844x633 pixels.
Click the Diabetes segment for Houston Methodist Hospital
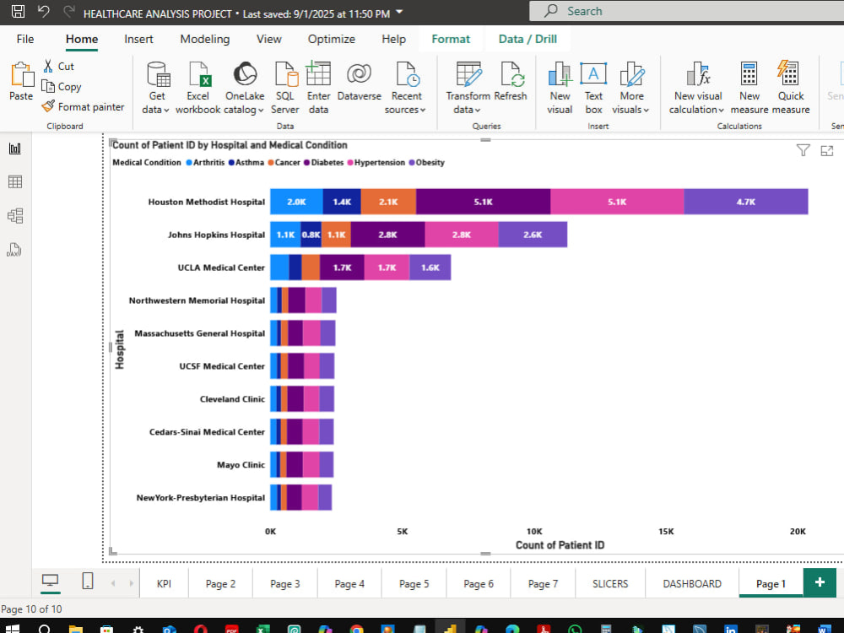pos(483,202)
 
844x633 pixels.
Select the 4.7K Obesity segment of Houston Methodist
pos(745,202)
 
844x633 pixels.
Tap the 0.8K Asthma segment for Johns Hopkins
pos(311,235)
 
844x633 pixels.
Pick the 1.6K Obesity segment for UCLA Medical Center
pos(430,268)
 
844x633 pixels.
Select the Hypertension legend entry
pos(376,163)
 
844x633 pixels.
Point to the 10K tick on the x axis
pos(534,531)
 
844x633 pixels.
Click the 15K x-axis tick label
pos(666,531)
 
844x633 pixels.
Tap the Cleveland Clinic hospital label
pos(232,399)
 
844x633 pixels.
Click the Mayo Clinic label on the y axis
pos(241,464)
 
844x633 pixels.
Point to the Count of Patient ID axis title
pos(560,545)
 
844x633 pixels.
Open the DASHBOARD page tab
pos(692,583)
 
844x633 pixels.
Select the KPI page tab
pos(164,583)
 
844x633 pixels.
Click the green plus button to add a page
pos(820,582)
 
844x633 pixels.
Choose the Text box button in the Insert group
pos(593,88)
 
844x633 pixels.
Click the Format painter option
pos(83,106)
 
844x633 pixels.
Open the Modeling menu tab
pos(204,39)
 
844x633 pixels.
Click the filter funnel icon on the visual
pos(803,150)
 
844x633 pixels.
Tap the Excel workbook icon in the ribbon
pos(198,73)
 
